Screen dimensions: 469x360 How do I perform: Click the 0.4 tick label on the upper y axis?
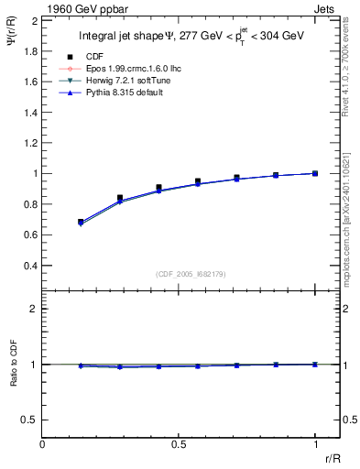click(31, 266)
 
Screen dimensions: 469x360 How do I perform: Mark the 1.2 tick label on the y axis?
click(31, 143)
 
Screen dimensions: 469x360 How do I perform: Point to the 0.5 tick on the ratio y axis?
click(31, 420)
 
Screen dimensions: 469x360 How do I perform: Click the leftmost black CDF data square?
click(81, 222)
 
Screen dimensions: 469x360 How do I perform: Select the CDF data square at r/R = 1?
click(314, 173)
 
